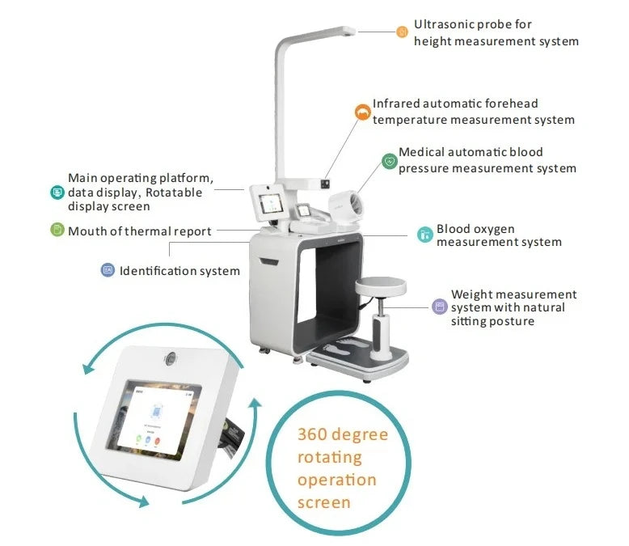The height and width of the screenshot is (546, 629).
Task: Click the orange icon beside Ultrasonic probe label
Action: click(x=402, y=32)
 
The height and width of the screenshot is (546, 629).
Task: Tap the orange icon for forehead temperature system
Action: click(x=363, y=112)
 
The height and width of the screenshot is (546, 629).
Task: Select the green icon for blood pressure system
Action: click(x=389, y=162)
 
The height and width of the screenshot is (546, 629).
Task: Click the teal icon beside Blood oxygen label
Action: click(x=424, y=235)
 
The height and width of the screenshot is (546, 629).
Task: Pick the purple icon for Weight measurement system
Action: click(x=439, y=307)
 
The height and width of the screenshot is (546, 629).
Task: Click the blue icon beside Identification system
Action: click(x=108, y=270)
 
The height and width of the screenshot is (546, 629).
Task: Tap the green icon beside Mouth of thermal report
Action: click(x=57, y=230)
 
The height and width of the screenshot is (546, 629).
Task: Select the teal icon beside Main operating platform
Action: click(x=57, y=193)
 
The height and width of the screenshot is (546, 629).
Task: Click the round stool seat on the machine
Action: click(x=380, y=286)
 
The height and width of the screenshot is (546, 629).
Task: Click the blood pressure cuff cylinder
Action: click(x=345, y=204)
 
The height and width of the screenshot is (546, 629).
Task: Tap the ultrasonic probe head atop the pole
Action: click(x=348, y=31)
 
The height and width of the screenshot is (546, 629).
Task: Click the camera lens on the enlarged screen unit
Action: click(x=171, y=358)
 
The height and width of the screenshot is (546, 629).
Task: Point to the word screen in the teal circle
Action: click(x=323, y=502)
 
